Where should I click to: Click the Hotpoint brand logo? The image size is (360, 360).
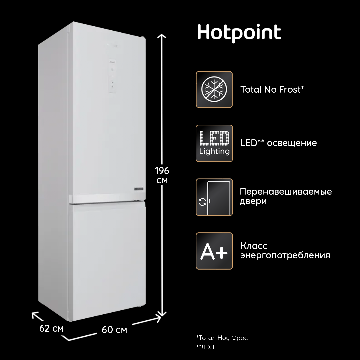(x=239, y=33)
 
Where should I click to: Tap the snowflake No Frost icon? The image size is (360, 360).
(x=214, y=89)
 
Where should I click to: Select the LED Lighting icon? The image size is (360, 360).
(x=214, y=143)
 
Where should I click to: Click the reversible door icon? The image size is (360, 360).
(x=214, y=197)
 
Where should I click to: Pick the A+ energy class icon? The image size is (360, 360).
(x=214, y=251)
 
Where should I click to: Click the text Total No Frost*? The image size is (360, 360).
(x=272, y=89)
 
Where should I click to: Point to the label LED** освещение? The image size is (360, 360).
(x=278, y=143)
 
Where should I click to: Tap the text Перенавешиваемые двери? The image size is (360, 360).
(x=286, y=197)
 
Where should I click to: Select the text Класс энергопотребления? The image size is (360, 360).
(x=285, y=251)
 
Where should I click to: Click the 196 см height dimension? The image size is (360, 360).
(x=162, y=175)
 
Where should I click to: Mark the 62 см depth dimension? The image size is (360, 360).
(x=51, y=328)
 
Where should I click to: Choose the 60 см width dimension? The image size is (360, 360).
(x=114, y=330)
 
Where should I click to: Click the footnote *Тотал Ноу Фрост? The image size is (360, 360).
(x=223, y=338)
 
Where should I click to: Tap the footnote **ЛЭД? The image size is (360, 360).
(x=205, y=347)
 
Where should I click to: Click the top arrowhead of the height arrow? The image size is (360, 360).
(x=162, y=35)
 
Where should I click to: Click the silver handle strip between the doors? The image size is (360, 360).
(x=107, y=198)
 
